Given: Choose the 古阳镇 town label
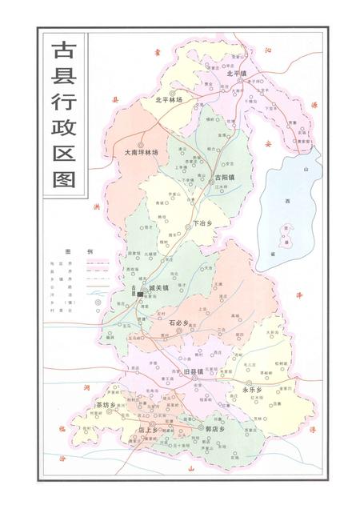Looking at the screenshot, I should tap(224, 176).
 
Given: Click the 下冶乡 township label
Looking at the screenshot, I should tap(204, 224).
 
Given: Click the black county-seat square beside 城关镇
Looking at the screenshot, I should tap(141, 295).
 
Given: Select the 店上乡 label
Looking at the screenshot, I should tap(150, 431).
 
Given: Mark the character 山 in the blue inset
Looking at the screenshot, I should tap(305, 170).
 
